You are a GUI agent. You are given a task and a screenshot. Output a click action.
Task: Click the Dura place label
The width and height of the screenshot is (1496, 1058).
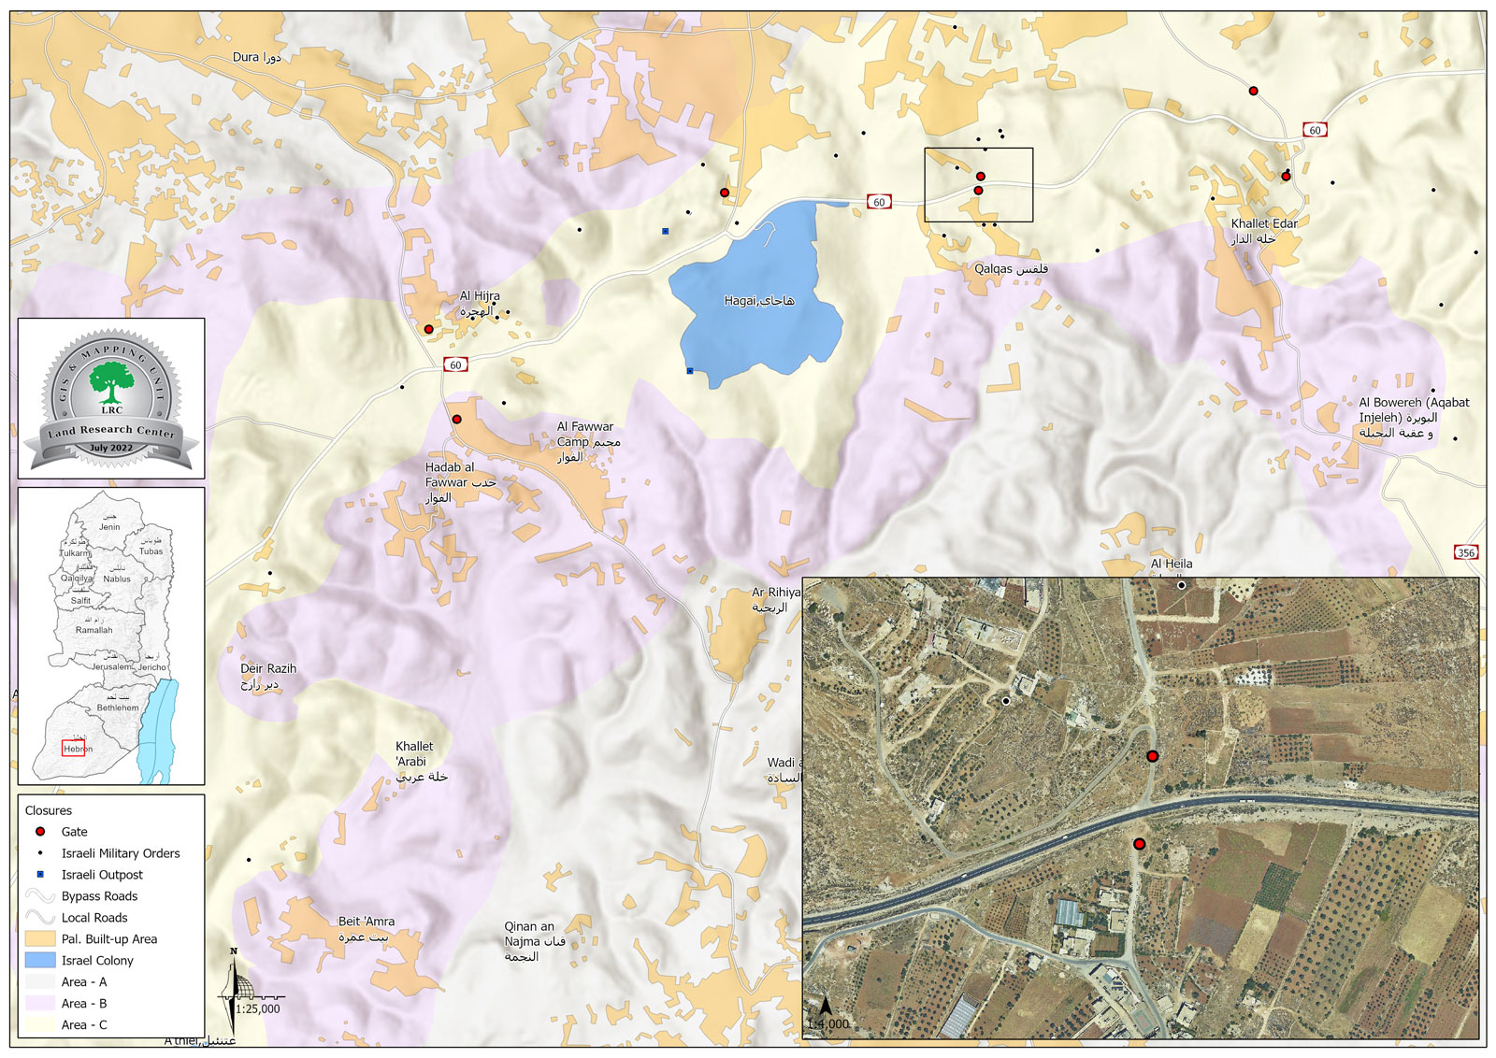[255, 57]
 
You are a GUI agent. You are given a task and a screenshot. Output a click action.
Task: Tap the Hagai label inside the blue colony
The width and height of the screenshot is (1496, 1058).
[758, 301]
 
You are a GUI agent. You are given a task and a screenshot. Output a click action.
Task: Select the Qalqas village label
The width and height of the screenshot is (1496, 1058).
[1010, 269]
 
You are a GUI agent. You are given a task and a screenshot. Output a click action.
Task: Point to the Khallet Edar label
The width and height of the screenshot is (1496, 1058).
[1263, 231]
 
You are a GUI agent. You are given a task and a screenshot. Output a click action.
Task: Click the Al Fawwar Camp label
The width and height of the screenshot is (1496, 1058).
[587, 441]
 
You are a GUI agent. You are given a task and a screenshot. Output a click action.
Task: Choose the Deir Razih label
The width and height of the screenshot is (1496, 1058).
[267, 676]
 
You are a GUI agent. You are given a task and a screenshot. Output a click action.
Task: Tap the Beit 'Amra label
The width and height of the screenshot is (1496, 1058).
[366, 928]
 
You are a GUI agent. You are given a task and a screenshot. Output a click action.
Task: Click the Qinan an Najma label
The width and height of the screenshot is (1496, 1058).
[534, 941]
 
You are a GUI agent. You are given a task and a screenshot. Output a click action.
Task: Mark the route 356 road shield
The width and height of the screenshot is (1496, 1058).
[1466, 552]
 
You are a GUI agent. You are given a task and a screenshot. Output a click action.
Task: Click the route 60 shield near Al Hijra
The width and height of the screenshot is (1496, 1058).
[455, 365]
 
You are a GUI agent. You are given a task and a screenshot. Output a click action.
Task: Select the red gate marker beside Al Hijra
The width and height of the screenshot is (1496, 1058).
[428, 329]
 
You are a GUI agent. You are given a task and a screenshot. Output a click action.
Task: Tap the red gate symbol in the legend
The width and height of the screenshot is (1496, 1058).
[40, 831]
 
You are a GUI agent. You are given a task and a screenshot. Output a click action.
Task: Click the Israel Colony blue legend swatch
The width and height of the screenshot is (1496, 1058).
[40, 960]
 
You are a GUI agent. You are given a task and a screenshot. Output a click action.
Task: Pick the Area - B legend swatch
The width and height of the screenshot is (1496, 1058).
[40, 1003]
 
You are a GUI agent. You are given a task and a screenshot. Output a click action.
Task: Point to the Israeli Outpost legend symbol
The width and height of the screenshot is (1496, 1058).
[40, 874]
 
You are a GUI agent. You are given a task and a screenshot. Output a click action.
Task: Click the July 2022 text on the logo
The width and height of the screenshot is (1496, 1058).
[110, 448]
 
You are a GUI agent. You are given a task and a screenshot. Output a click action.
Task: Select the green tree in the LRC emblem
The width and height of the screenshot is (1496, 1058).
[111, 382]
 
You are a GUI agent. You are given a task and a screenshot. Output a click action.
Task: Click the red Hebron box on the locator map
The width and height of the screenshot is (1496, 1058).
[74, 748]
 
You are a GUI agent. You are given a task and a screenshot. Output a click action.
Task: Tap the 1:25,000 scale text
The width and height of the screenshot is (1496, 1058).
[257, 1008]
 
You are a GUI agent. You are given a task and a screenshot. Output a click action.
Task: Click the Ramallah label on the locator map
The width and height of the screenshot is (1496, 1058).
[93, 630]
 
